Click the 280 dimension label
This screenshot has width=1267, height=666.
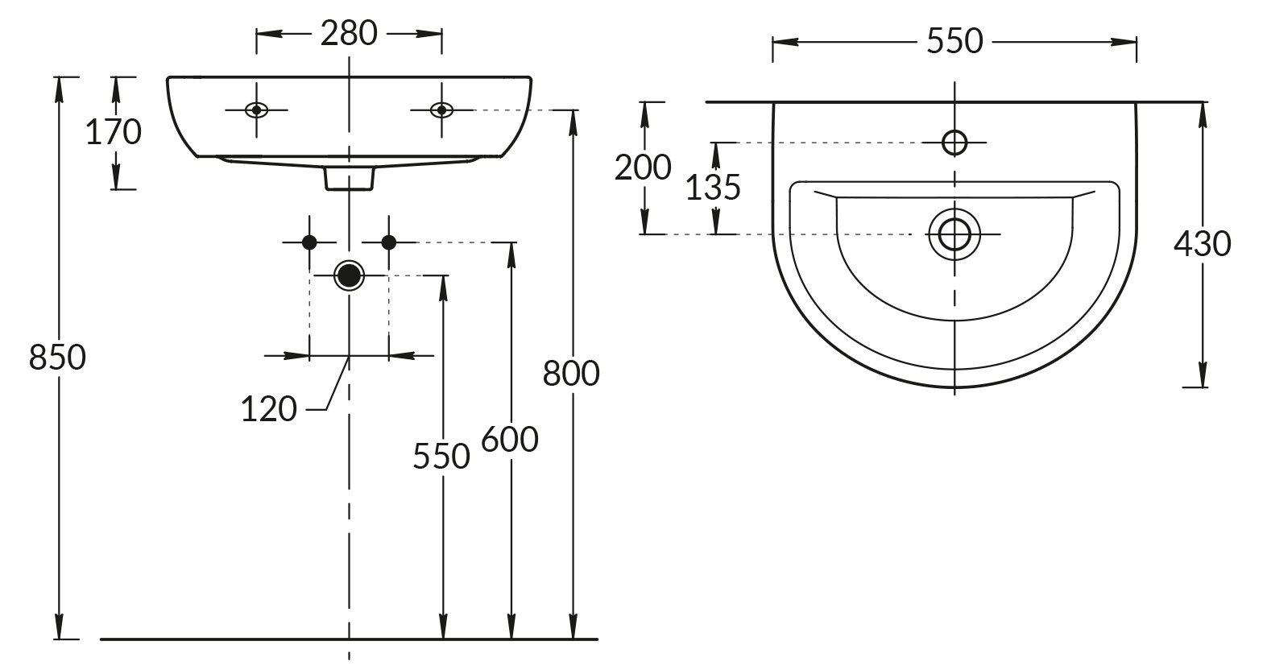349,34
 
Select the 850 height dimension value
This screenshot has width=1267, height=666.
56,357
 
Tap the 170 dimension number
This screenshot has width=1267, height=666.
114,132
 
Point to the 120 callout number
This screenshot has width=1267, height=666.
269,410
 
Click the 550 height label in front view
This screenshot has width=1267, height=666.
441,457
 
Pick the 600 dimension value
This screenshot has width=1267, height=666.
509,440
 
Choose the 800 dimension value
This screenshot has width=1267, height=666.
571,374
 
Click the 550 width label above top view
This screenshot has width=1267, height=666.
954,40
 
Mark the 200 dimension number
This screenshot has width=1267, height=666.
642,168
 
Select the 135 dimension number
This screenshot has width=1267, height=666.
712,188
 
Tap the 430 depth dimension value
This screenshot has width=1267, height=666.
1202,243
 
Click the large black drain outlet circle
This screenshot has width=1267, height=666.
349,275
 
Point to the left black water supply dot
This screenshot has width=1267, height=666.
308,242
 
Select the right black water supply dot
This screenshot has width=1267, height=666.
388,242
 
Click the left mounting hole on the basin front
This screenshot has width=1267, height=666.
256,110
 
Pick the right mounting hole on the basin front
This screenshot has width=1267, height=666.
441,110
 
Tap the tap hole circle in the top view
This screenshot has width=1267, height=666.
954,143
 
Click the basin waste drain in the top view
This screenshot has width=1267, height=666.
954,234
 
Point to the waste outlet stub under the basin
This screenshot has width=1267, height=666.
349,179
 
